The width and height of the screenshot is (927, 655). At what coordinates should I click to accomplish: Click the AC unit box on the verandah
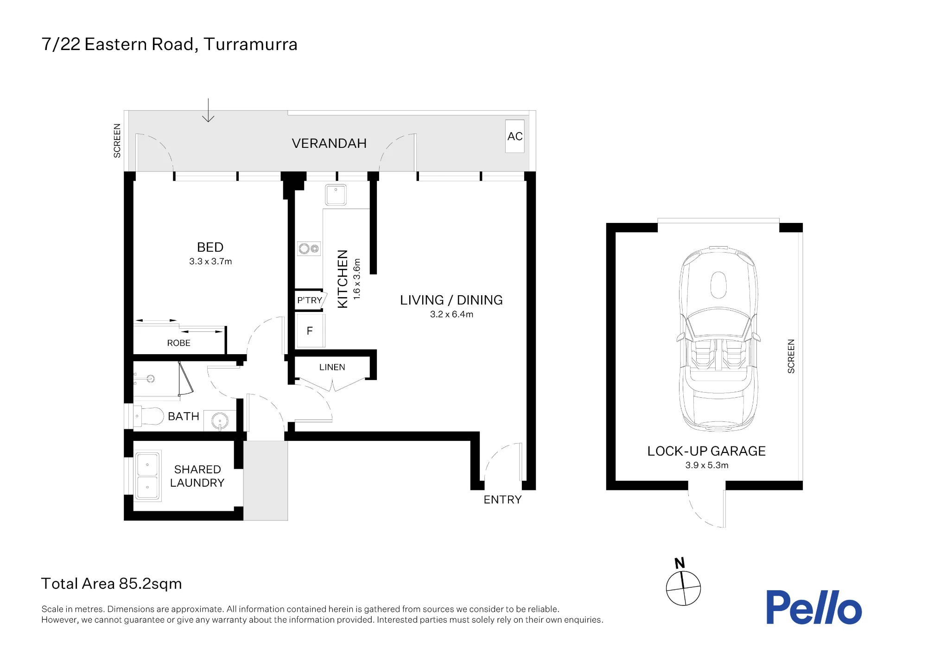click(515, 136)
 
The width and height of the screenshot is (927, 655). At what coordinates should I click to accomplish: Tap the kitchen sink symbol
click(336, 195)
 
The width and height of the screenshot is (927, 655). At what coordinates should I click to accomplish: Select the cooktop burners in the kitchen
click(309, 249)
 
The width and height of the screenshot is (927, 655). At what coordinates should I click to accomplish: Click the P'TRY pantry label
click(310, 300)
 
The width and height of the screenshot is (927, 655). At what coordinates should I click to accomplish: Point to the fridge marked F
click(310, 331)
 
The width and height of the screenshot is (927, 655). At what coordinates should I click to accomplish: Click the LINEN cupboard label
click(332, 367)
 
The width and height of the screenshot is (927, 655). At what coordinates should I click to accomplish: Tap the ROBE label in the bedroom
click(179, 343)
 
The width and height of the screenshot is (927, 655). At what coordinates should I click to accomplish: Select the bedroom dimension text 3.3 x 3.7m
click(210, 261)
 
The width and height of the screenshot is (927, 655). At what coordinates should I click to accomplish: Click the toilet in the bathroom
click(148, 416)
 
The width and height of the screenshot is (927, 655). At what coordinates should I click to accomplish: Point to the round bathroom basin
click(220, 421)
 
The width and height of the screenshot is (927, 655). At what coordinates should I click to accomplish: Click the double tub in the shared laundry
click(147, 476)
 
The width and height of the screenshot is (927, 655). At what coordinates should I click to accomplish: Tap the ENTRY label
click(502, 500)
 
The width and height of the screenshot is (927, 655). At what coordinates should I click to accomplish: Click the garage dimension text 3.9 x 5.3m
click(707, 465)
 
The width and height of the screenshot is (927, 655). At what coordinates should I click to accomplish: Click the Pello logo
click(814, 607)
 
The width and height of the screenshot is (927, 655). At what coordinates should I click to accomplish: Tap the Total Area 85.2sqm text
click(111, 584)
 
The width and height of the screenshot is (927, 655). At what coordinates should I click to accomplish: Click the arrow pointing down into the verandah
click(208, 110)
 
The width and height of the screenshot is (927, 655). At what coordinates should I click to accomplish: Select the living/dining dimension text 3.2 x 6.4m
click(451, 314)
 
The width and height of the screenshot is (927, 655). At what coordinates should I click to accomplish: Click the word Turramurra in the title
click(250, 45)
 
